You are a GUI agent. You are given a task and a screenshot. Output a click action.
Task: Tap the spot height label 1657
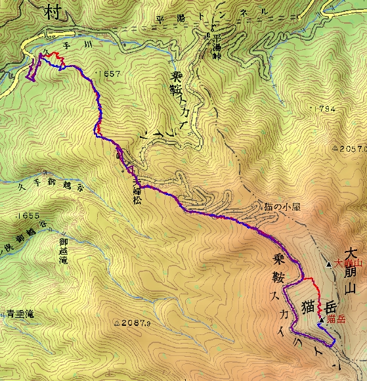pyautogui.click(x=108, y=74)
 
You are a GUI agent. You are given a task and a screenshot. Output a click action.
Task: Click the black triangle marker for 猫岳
pyautogui.click(x=321, y=320)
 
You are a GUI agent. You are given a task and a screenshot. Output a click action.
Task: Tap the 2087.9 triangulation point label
pyautogui.click(x=135, y=323)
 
